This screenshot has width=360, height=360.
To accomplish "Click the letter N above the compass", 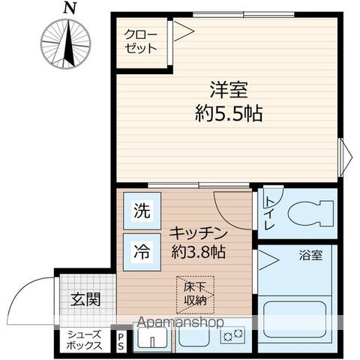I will [x=70, y=8].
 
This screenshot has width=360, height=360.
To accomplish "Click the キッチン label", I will [x=196, y=232].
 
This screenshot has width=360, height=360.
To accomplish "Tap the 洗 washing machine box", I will [x=142, y=211].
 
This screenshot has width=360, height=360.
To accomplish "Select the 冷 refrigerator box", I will [x=142, y=252].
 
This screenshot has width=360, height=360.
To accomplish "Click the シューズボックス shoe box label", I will [x=83, y=341].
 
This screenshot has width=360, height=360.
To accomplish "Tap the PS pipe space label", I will [x=121, y=341].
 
